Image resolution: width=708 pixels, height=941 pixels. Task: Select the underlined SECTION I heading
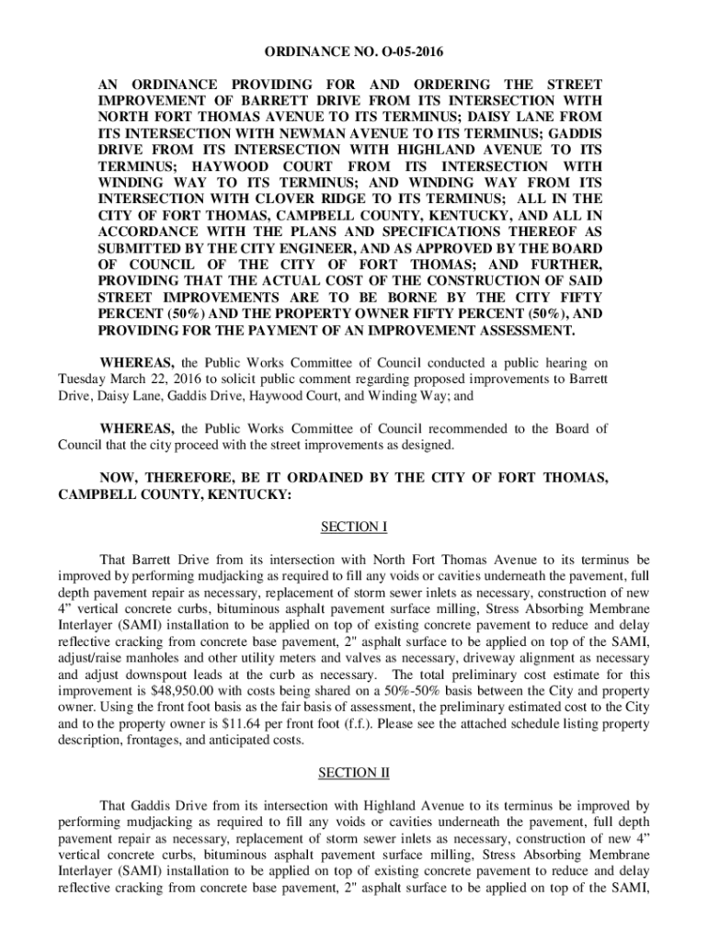tap(353, 527)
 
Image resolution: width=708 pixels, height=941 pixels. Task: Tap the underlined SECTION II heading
tap(353, 773)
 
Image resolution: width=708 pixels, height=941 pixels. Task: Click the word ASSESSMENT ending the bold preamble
tap(517, 331)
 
